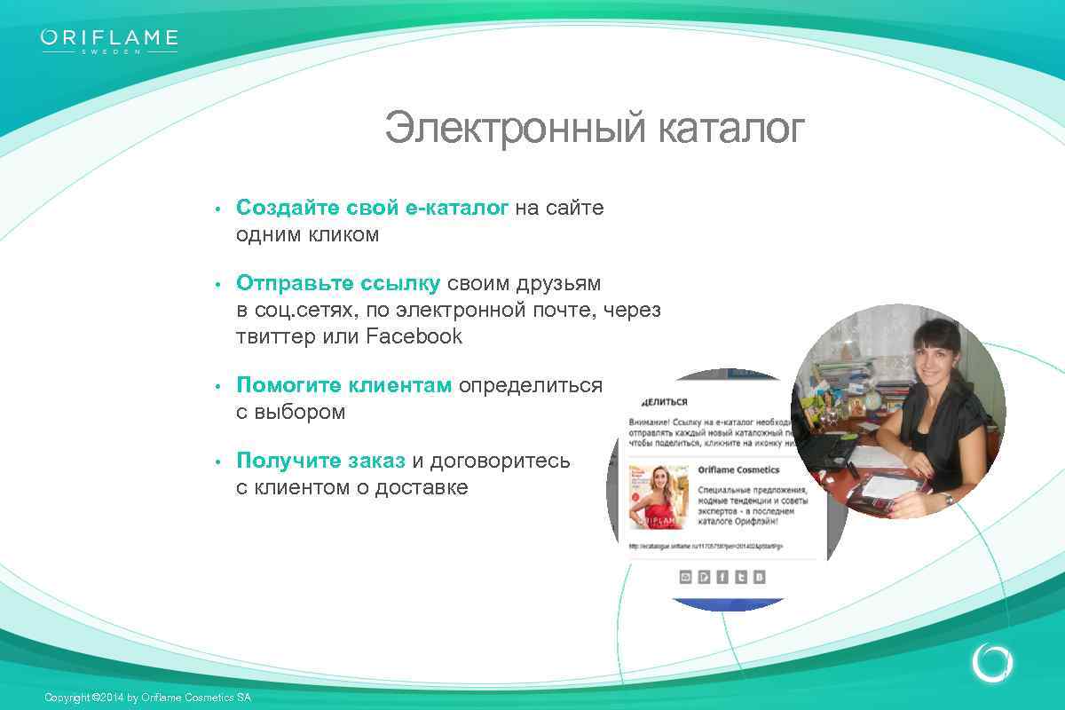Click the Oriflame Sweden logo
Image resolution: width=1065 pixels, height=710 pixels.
click(109, 41)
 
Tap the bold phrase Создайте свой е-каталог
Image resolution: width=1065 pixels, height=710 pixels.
click(372, 208)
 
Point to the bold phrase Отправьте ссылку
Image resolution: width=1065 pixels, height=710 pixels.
click(337, 283)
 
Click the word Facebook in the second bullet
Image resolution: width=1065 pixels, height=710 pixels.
click(414, 336)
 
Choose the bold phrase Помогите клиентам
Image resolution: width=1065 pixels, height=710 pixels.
click(343, 385)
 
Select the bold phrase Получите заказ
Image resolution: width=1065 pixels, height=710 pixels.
click(320, 461)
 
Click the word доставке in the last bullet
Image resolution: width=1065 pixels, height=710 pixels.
click(421, 487)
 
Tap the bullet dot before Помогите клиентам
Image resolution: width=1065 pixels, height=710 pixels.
click(217, 387)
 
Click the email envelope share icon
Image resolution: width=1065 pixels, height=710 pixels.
click(685, 577)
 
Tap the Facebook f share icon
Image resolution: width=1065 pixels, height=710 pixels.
click(722, 577)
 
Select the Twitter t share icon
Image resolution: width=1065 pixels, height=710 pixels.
click(741, 577)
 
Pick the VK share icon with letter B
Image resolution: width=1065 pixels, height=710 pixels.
click(760, 577)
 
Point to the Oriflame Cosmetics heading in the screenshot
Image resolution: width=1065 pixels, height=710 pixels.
click(738, 469)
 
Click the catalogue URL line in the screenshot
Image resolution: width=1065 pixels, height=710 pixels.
click(706, 546)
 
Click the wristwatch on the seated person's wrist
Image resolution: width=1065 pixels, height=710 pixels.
click(949, 499)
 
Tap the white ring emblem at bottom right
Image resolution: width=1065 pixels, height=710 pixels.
click(991, 662)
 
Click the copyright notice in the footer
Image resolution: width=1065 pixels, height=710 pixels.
click(147, 698)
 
